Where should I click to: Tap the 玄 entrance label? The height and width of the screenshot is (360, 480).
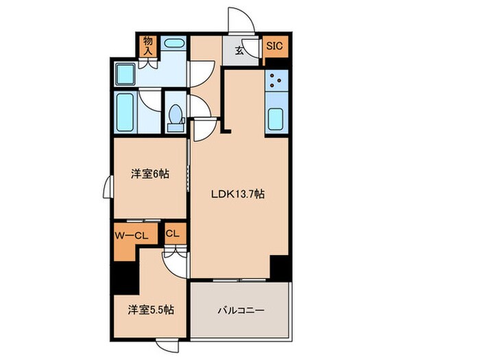click(x=239, y=50)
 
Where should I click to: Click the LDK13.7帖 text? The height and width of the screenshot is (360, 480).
click(x=237, y=194)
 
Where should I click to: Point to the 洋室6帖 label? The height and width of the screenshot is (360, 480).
click(x=149, y=174)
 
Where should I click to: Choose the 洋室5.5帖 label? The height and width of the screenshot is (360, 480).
click(x=151, y=310)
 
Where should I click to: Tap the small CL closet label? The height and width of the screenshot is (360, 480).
click(x=173, y=233)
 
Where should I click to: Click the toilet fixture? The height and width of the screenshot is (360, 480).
click(x=175, y=117)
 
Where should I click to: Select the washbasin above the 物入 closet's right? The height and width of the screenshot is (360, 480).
click(x=174, y=44)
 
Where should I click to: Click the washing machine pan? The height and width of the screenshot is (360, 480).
click(x=125, y=73)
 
